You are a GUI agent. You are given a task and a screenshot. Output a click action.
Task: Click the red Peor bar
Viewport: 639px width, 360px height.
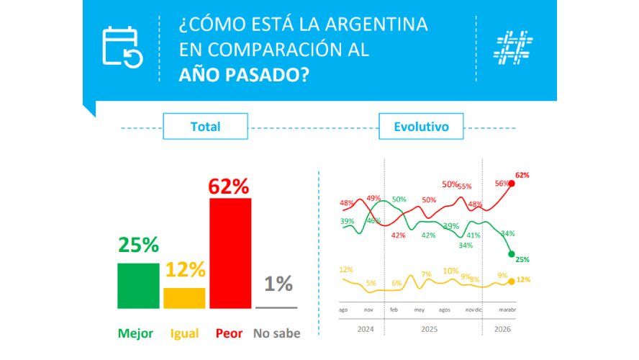tap(230, 253)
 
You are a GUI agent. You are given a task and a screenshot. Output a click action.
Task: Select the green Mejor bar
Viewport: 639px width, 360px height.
tap(138, 286)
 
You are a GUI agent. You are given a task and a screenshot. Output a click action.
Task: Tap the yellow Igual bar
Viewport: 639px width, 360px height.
tap(184, 298)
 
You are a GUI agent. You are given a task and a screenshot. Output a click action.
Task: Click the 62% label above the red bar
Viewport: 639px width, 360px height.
tap(229, 186)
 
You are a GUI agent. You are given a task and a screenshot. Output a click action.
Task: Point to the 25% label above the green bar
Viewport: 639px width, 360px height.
tap(138, 245)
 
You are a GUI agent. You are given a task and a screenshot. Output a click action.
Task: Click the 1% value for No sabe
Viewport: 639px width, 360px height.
tap(278, 284)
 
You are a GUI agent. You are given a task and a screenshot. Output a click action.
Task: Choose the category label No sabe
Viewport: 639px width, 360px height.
tap(276, 333)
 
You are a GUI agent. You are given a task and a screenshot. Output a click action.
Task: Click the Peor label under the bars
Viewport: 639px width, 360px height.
tap(229, 333)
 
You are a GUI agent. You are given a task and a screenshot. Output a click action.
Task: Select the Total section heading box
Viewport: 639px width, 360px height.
tap(205, 127)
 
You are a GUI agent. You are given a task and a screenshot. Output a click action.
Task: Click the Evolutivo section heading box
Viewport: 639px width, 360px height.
tap(421, 127)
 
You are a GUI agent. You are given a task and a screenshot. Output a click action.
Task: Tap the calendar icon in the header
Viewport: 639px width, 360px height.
tap(122, 47)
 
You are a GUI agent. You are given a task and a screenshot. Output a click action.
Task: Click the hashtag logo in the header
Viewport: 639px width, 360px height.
tap(513, 47)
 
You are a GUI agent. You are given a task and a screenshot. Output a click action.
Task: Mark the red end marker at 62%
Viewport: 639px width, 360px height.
tap(512, 184)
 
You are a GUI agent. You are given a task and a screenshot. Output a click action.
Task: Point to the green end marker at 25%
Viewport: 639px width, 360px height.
tap(511, 253)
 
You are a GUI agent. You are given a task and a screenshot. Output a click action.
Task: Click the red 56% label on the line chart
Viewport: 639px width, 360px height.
tap(502, 184)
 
